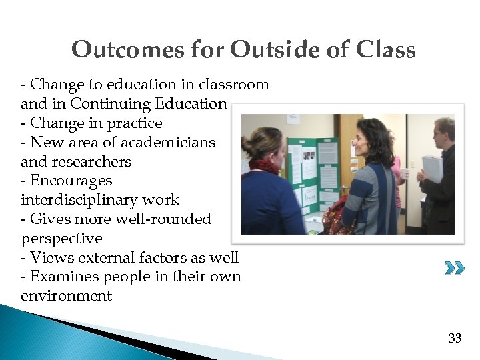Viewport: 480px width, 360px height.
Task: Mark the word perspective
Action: [x=61, y=239]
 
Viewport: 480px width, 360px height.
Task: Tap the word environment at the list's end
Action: [x=66, y=296]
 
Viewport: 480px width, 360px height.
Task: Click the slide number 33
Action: [x=455, y=339]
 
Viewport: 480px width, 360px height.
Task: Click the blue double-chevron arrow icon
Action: [x=455, y=269]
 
